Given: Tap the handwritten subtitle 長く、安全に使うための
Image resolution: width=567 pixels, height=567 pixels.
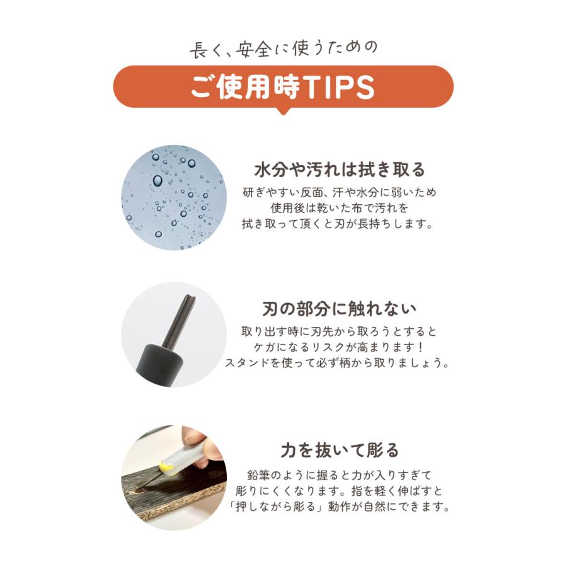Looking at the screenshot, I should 283,49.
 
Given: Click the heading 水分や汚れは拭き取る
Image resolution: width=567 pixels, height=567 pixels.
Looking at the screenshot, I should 340,169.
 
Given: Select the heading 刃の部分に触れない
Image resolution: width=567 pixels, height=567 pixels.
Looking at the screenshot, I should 340,309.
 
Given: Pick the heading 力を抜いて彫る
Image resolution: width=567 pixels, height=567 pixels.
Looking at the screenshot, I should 340,450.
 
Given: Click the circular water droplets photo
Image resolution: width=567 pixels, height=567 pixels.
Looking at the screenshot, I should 173,197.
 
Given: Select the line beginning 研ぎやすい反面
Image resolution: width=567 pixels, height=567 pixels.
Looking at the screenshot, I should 340,192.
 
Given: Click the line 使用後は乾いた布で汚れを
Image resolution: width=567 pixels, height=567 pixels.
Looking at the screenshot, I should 340,207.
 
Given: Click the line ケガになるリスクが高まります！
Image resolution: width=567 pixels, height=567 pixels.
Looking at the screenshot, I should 340,347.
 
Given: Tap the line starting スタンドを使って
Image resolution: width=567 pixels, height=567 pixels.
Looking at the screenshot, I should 340,364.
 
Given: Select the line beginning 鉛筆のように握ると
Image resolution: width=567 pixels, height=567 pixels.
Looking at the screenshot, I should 340,474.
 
